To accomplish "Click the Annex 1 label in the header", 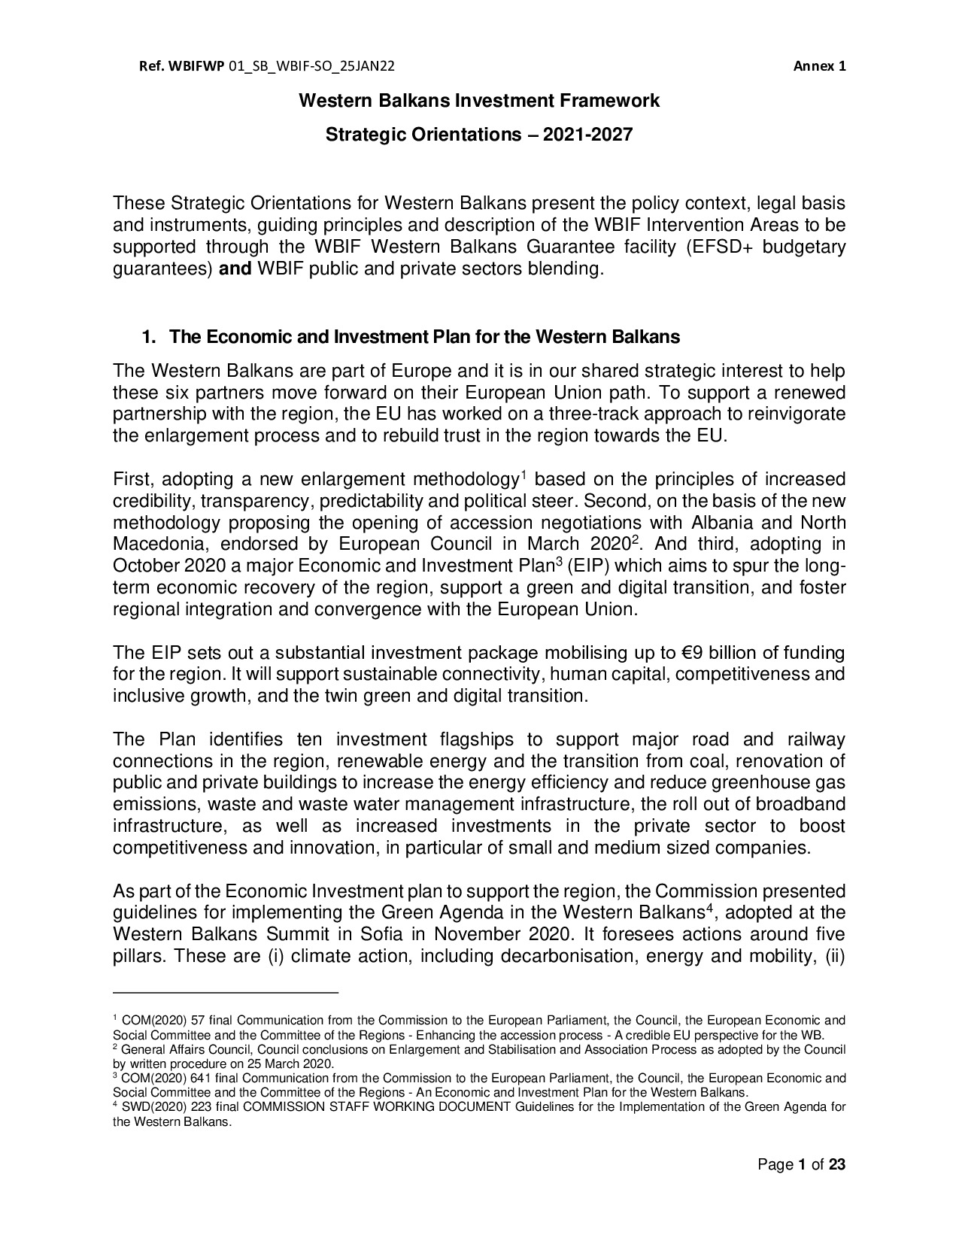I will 820,65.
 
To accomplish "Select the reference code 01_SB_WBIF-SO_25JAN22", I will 311,65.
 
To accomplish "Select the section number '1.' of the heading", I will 149,337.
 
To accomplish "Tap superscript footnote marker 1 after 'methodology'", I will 524,475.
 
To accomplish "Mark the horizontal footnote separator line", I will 226,994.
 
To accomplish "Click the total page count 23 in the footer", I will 837,1165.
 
